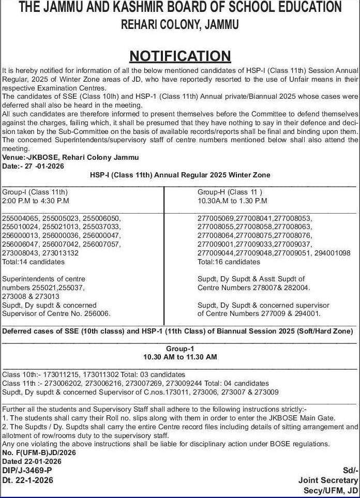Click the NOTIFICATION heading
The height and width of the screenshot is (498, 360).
click(179, 55)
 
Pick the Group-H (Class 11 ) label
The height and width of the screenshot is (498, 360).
click(226, 191)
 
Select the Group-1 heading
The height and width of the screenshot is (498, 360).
click(179, 349)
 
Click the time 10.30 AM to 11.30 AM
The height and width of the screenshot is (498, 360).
click(179, 357)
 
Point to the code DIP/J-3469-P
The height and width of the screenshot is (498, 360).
click(27, 470)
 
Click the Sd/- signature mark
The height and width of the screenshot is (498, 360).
click(349, 470)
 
